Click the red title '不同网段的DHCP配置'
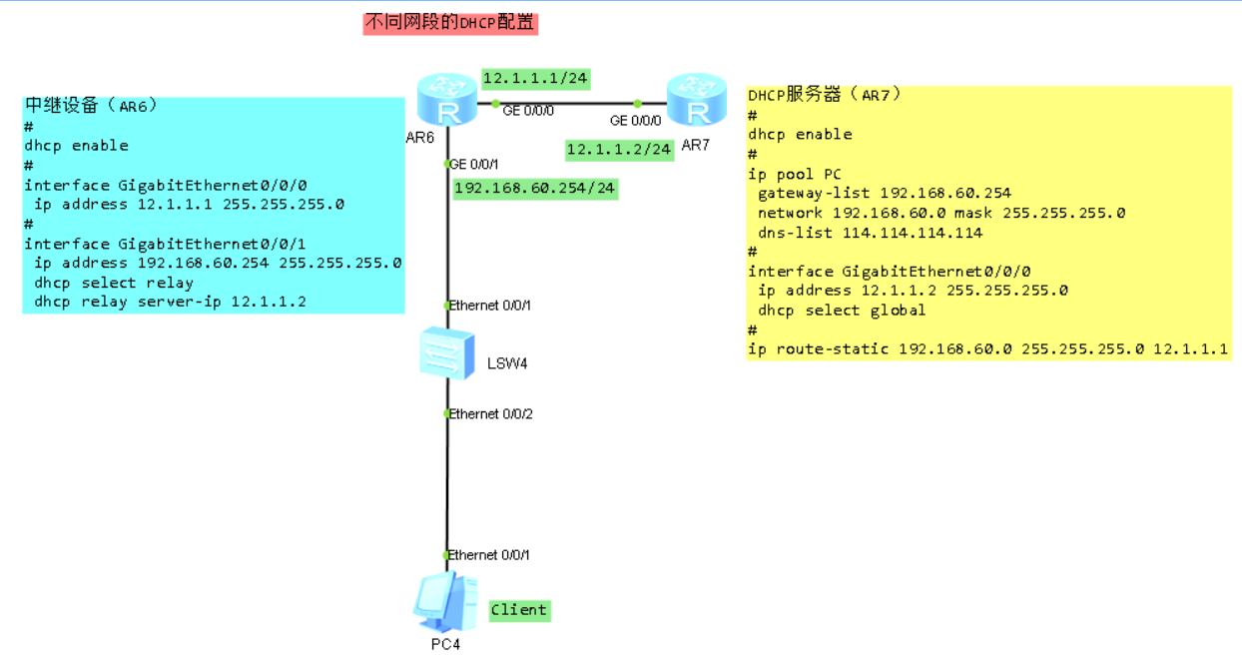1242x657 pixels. coord(450,23)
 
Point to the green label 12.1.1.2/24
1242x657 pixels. coord(619,149)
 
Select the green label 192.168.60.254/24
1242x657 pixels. coord(534,188)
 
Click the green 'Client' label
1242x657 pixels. coord(519,610)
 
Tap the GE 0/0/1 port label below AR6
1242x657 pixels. coord(474,164)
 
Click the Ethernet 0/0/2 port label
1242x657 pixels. coord(490,413)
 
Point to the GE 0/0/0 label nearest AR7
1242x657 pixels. coord(636,120)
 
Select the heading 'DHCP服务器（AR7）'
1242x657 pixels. coord(826,95)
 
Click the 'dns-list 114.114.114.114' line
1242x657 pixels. coord(870,233)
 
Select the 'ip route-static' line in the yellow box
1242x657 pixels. coord(987,348)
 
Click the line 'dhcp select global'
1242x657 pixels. coord(842,310)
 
